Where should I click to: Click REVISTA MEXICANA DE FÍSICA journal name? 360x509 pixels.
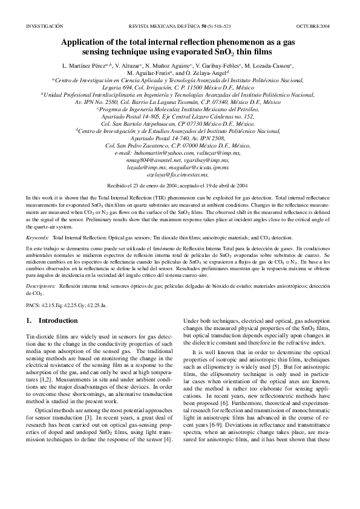(169, 27)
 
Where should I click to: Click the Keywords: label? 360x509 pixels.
(38, 239)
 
